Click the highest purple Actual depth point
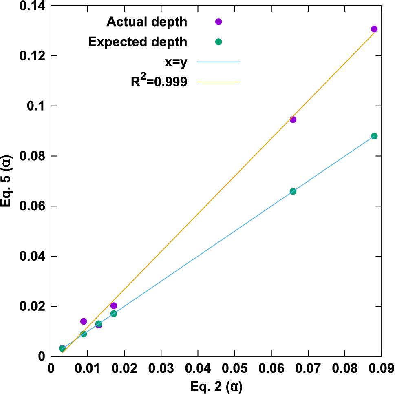[374, 29]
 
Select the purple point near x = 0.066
[293, 120]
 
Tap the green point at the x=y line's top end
[374, 136]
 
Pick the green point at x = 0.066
[293, 191]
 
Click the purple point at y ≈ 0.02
[114, 305]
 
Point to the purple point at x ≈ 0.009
[84, 321]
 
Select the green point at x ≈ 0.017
[114, 314]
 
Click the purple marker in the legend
[218, 22]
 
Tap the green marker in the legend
[218, 42]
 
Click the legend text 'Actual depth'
[147, 22]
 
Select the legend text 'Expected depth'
[138, 42]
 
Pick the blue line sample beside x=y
[218, 62]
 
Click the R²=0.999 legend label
[156, 82]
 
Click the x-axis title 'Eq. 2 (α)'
[216, 385]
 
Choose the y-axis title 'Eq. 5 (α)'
[7, 181]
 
